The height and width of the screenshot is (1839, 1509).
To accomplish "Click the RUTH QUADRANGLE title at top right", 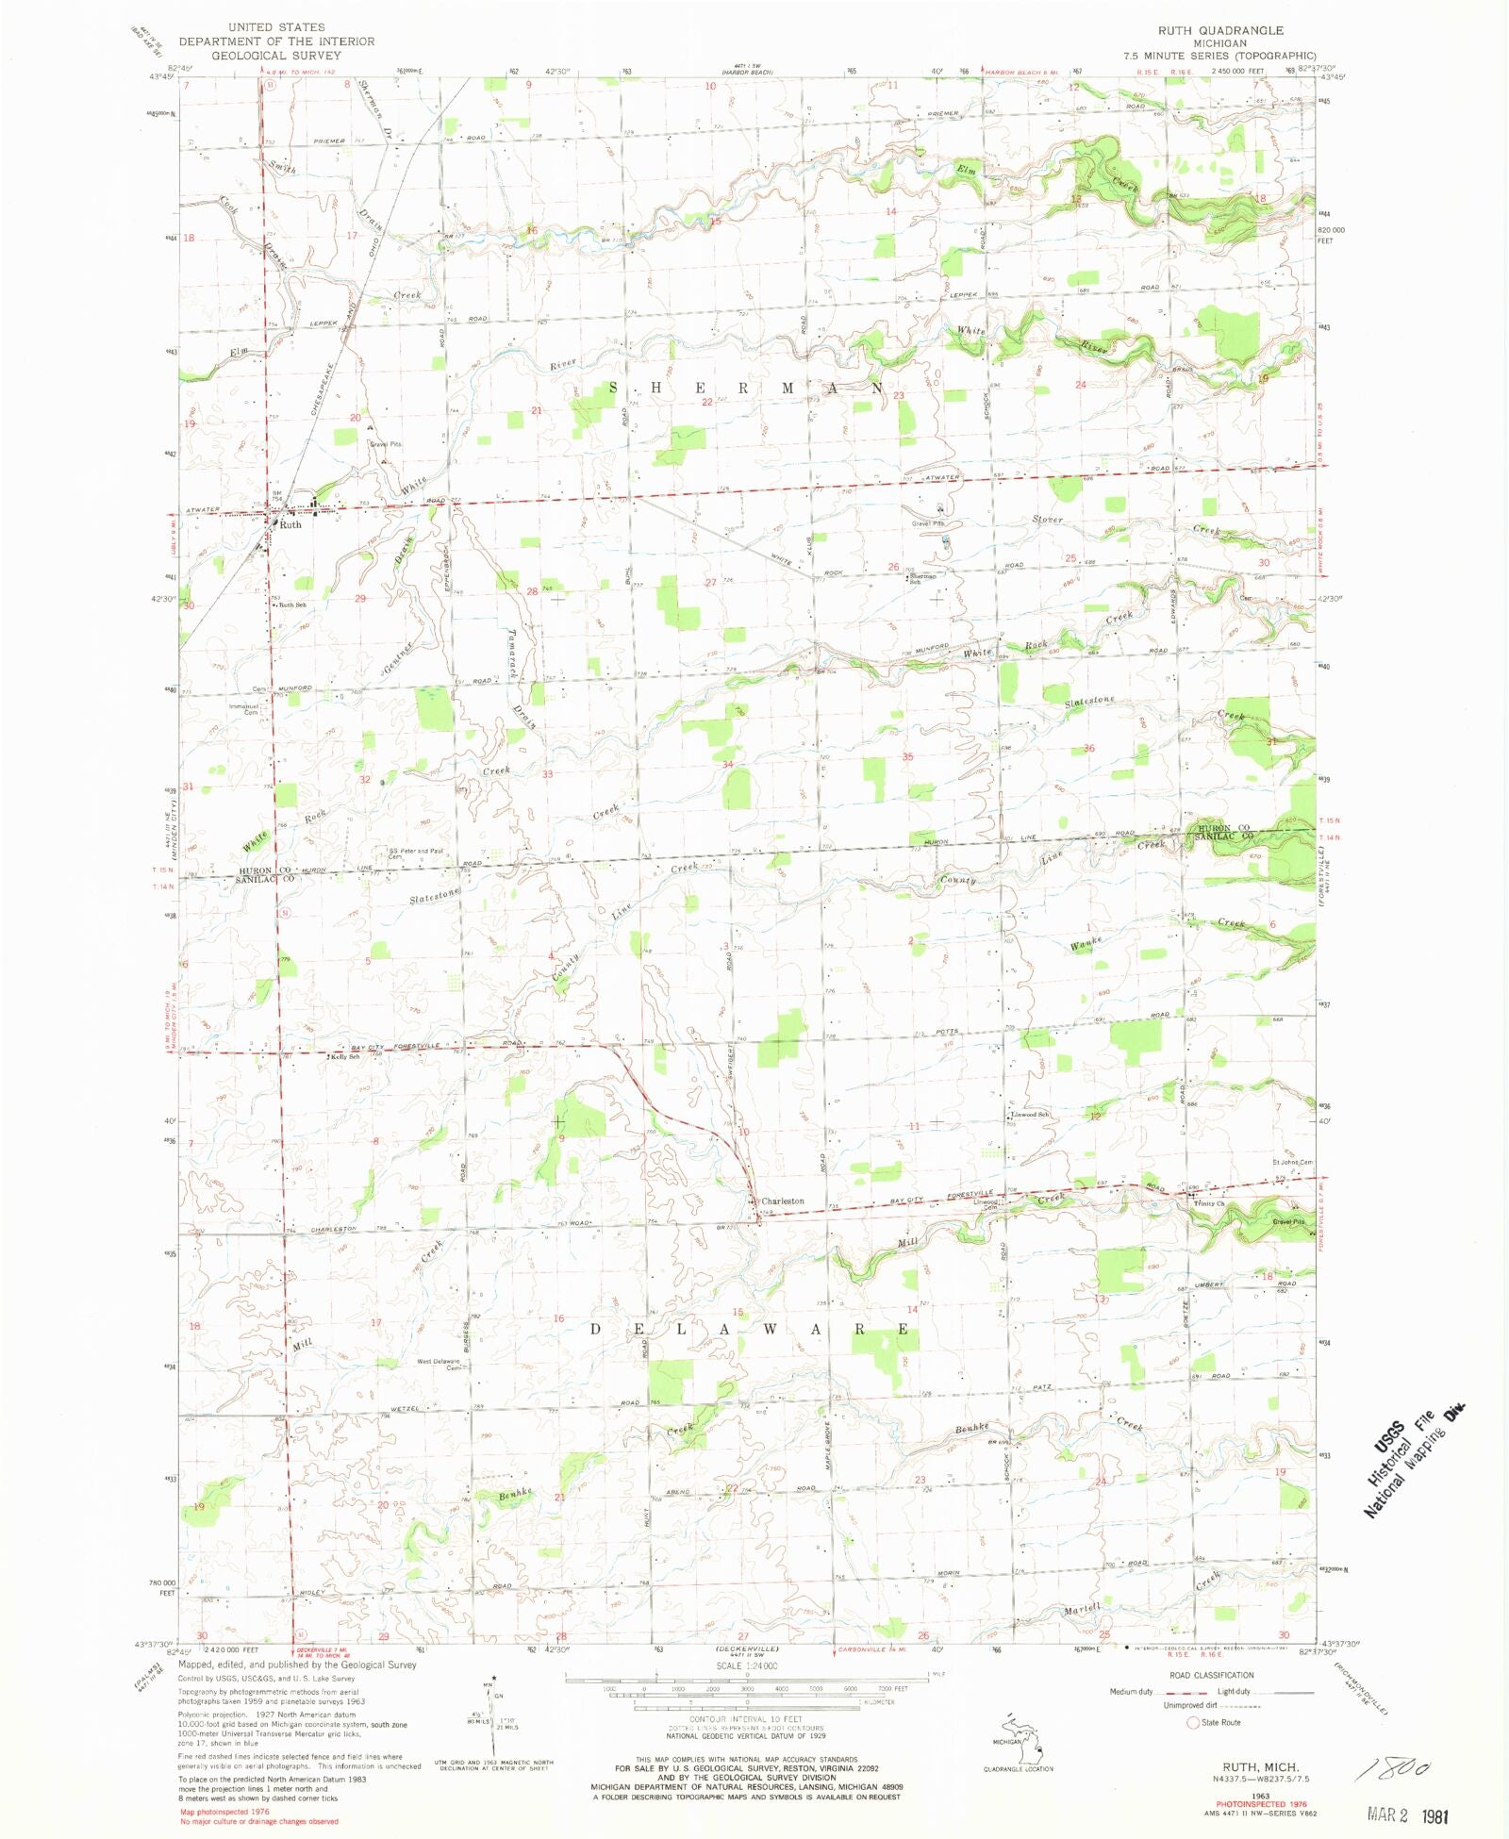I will [x=1220, y=31].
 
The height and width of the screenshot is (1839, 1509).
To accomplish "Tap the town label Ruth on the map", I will [x=290, y=524].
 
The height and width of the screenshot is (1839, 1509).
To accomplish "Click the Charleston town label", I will [x=782, y=1201].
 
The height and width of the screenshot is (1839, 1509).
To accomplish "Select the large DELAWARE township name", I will [x=751, y=1330].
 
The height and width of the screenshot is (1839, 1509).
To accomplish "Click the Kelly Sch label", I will [x=344, y=1056].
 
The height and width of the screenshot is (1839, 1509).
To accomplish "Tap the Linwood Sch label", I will [x=1030, y=1115].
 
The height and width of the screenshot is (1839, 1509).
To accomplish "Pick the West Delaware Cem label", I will [x=439, y=1364].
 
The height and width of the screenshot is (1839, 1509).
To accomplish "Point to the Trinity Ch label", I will [x=1208, y=1203].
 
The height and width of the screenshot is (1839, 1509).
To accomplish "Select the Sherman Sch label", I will [x=921, y=579].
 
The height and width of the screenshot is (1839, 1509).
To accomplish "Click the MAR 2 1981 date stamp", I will [x=1407, y=1814].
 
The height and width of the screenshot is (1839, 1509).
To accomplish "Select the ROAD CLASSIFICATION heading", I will [x=1211, y=1675].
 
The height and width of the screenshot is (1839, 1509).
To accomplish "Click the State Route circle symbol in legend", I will [x=1192, y=1722].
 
